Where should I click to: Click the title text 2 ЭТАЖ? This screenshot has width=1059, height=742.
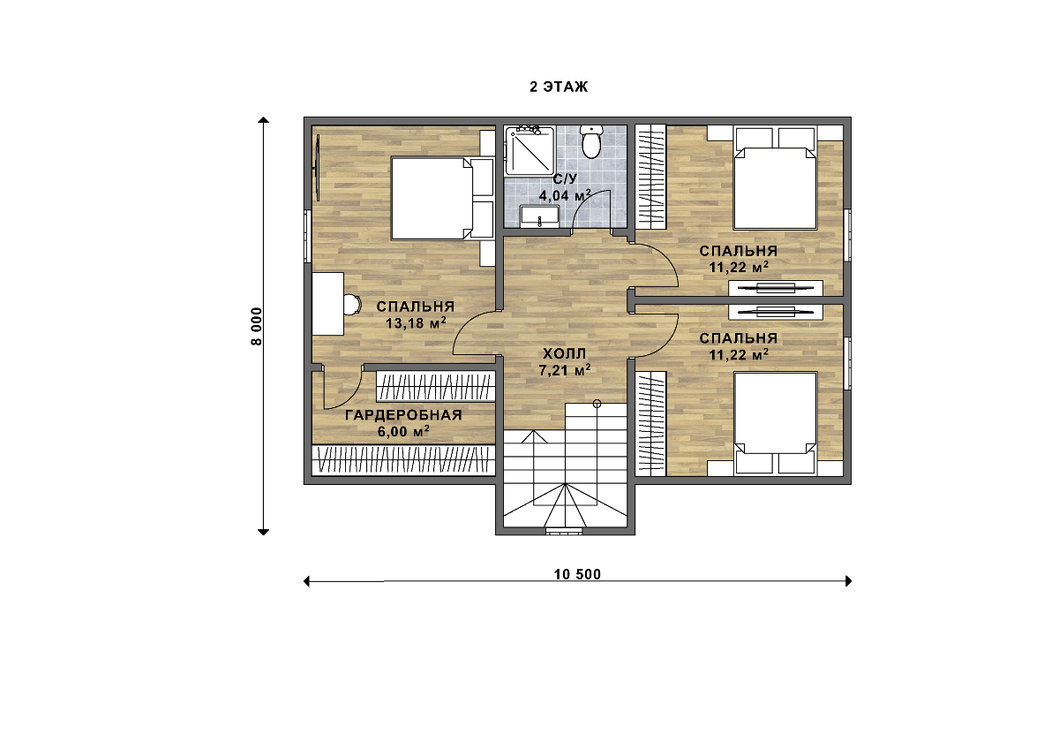pos(559,87)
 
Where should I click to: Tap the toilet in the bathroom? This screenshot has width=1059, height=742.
pos(591,141)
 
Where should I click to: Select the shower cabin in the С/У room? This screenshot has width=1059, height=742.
pos(529,150)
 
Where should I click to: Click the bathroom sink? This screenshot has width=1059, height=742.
pos(539,216)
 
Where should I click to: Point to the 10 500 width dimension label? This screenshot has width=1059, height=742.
pos(577,574)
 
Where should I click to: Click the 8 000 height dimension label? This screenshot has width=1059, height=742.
pos(256,327)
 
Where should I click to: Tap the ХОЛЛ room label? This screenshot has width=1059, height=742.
pos(564,353)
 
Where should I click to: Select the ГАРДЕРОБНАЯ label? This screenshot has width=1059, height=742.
pos(403,415)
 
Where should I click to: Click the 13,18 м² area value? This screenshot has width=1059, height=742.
pos(416,322)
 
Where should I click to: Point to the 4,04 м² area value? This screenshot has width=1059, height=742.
pos(565,195)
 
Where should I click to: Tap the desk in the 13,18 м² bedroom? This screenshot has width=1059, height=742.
pos(327,304)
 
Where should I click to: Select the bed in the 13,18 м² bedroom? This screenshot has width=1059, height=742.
pos(432,198)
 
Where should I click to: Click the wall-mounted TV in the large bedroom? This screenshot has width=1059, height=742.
pos(318,168)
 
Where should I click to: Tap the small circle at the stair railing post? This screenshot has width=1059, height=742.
pos(597,404)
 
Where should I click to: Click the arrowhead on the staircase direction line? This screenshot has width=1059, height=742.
pos(534,436)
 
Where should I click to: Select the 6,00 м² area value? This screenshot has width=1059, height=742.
pos(403,432)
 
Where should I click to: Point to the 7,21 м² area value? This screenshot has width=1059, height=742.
pos(565,370)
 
